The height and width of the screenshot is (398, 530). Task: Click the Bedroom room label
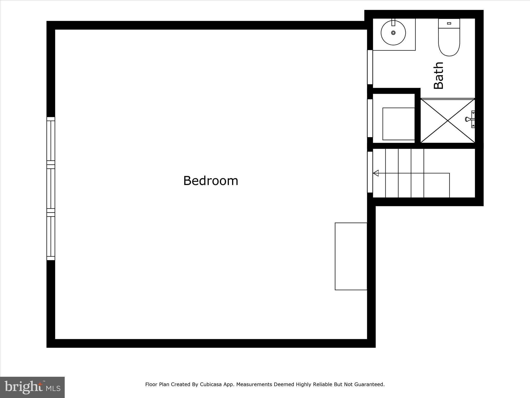click(211, 181)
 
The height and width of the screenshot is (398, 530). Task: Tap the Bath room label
click(439, 75)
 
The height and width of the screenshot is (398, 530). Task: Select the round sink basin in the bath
click(393, 33)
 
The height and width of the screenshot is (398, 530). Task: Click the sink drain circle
click(393, 33)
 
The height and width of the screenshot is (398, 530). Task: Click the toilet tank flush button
click(449, 23)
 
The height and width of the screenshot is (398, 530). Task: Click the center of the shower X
click(448, 120)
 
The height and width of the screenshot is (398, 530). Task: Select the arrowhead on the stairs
click(376, 173)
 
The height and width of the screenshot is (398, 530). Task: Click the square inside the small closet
click(399, 124)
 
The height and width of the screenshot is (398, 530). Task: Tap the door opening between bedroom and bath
click(370, 67)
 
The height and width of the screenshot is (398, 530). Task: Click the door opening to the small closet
click(370, 118)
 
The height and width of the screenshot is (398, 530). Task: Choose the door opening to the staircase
click(370, 172)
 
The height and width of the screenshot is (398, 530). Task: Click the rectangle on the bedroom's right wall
click(351, 256)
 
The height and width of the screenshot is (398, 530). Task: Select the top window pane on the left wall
click(51, 141)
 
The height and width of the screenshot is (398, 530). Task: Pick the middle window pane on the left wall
click(51, 189)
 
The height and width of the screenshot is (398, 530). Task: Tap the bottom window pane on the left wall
click(51, 236)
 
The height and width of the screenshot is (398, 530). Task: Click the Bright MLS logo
click(32, 387)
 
